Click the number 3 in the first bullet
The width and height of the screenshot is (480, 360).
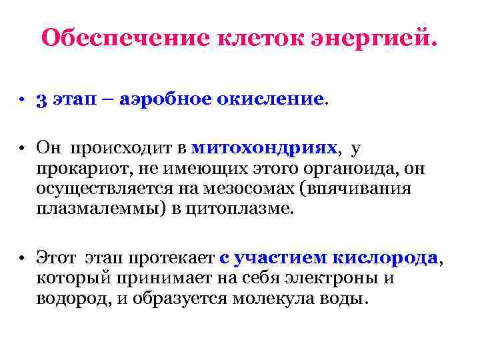(41, 100)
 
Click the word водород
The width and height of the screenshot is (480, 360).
(73, 299)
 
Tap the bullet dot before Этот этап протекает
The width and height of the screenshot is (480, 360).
(22, 259)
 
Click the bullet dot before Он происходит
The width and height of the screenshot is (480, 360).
(22, 147)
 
